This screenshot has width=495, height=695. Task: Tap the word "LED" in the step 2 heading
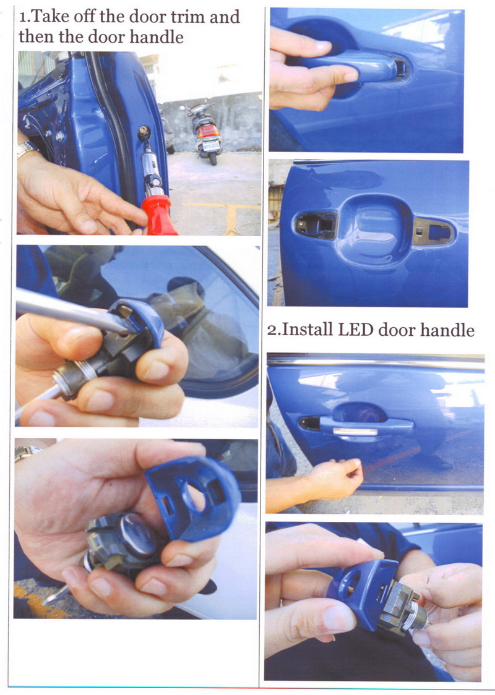[x=355, y=330]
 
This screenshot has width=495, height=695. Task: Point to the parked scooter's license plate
[x=211, y=145]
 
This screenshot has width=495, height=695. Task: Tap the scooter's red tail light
[x=208, y=131]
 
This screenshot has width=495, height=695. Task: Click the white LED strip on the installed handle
[x=355, y=431]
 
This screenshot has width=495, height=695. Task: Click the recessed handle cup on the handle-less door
[x=374, y=231]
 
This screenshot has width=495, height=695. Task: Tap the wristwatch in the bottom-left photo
[x=27, y=453]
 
